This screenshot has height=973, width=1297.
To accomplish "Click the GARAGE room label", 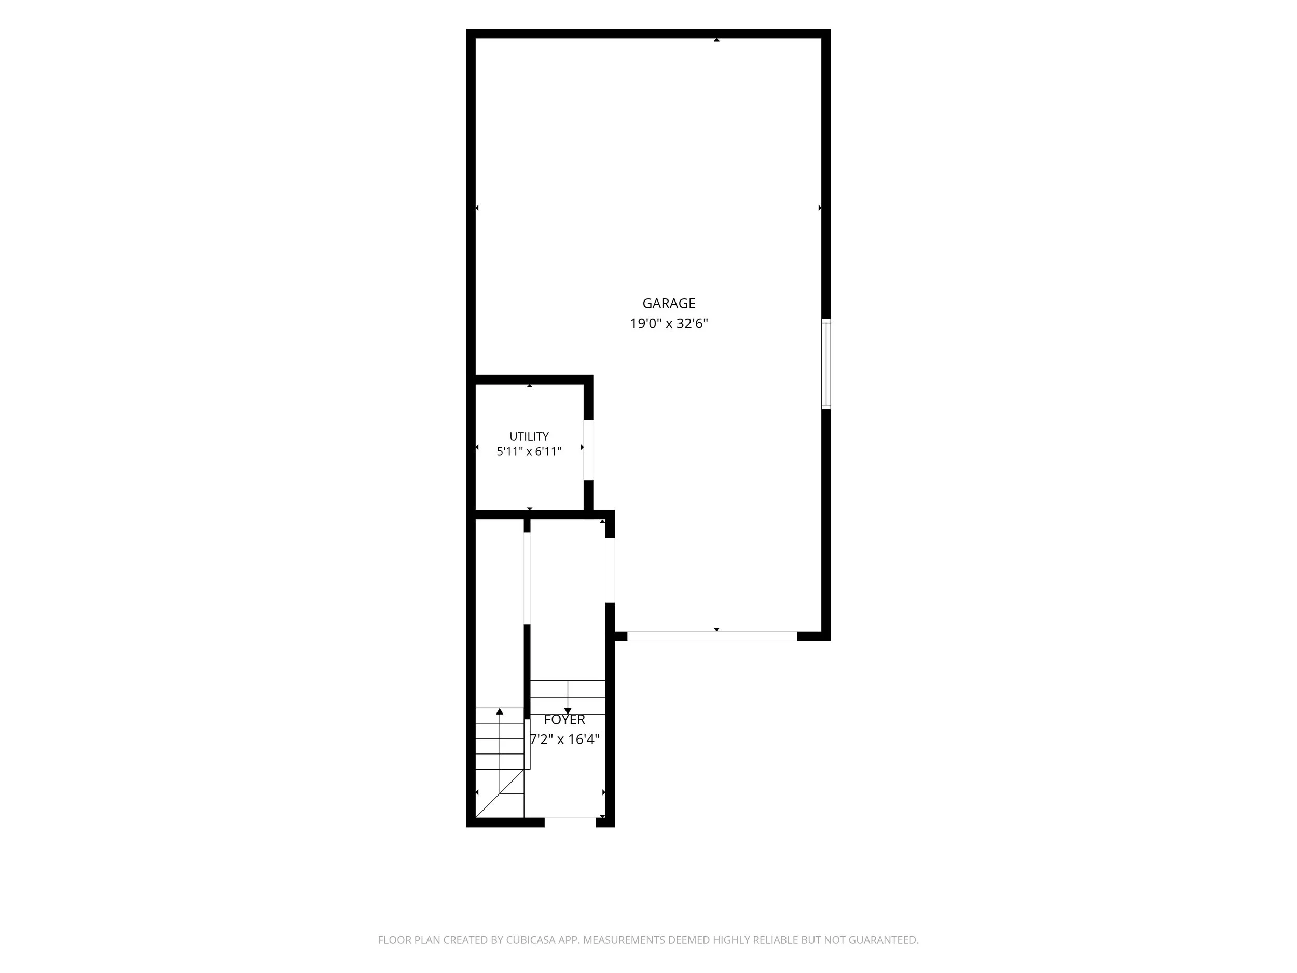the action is click(669, 303).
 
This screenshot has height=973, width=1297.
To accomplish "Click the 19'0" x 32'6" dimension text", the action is click(669, 324).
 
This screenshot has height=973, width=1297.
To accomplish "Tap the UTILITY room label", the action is click(529, 436).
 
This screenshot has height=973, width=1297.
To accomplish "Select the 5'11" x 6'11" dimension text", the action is click(529, 451).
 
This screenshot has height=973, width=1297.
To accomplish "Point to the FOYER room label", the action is click(564, 720).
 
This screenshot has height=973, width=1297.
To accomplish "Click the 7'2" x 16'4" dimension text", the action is click(564, 739).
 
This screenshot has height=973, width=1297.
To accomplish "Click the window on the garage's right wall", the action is click(826, 364).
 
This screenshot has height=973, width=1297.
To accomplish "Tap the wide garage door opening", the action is click(712, 636).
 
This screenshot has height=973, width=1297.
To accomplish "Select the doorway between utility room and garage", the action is click(588, 450).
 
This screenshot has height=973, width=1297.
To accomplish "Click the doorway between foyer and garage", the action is click(610, 570).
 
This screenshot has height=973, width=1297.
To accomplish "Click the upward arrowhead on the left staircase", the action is click(500, 711).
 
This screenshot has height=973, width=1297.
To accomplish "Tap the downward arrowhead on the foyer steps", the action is click(568, 711).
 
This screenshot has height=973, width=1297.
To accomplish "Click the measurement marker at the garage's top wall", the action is click(716, 40).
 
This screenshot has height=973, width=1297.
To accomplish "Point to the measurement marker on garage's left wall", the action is click(477, 208).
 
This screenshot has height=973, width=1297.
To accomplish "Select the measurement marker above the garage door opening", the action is click(716, 629).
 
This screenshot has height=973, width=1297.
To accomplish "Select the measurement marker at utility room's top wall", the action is click(530, 386).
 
